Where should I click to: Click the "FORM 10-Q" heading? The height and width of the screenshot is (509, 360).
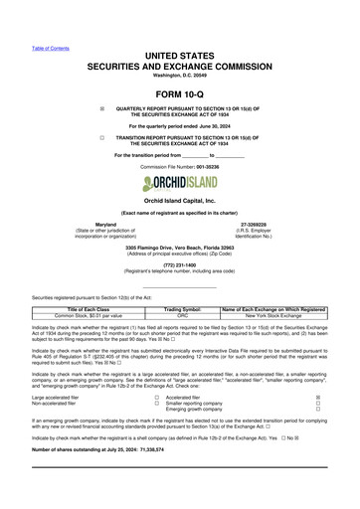click(x=180, y=93)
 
